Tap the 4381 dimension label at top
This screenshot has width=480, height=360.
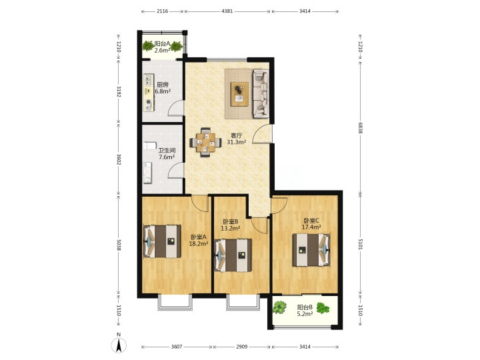coord(227,11)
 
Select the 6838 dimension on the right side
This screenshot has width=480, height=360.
coord(360,127)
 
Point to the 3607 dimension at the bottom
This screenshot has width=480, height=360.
coord(177,347)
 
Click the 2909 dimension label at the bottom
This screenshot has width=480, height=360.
coord(242,347)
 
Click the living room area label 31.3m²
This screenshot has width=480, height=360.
coord(237,142)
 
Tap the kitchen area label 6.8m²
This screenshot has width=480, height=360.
coord(163,91)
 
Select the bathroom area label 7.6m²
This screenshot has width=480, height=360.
coord(167,157)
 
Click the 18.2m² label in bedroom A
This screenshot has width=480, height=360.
coord(199,244)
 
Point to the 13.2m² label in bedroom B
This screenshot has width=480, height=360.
coord(230,228)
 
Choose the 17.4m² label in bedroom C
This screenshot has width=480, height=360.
coord(311,227)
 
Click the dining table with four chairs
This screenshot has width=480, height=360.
coord(205,143)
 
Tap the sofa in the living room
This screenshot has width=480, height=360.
coord(261,94)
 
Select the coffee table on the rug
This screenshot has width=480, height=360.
coord(240,94)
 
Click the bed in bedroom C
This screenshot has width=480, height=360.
coord(311,250)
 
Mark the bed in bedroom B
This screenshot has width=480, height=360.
coord(233,255)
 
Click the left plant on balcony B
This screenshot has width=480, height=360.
coord(279,307)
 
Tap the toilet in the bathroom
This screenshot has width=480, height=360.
coord(149,146)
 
